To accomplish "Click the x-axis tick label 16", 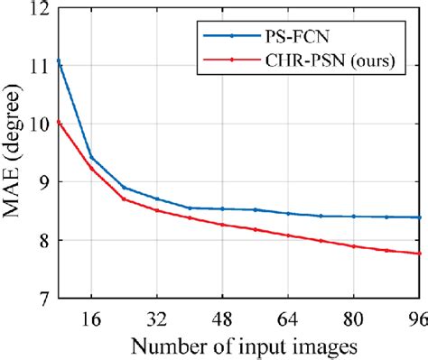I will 90,318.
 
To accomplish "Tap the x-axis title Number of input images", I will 238,346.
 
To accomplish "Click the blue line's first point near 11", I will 58,60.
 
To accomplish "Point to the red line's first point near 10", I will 58,121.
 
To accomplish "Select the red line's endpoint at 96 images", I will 419,254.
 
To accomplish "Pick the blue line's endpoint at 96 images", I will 419,217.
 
